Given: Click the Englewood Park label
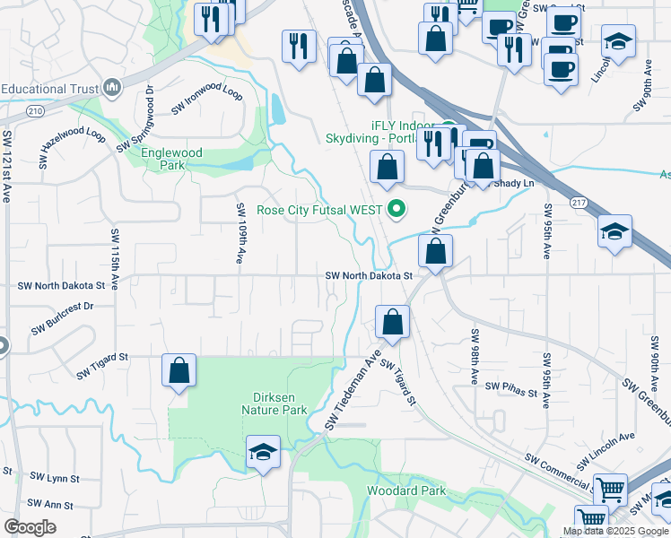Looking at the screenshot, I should pyautogui.click(x=171, y=159).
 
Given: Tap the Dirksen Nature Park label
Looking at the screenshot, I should pyautogui.click(x=274, y=403).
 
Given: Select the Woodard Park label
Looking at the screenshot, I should pyautogui.click(x=406, y=490).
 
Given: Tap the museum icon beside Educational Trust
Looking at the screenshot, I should pyautogui.click(x=112, y=88).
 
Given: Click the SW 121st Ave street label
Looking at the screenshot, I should pyautogui.click(x=7, y=166).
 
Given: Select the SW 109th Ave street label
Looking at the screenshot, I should pyautogui.click(x=240, y=233).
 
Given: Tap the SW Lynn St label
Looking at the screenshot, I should pyautogui.click(x=55, y=477).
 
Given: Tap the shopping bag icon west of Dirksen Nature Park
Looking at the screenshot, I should pyautogui.click(x=179, y=371).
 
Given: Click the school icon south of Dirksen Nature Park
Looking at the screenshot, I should pyautogui.click(x=263, y=453).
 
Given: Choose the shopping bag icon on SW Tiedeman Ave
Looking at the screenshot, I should pyautogui.click(x=392, y=322).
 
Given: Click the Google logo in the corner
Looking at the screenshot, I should pyautogui.click(x=30, y=527).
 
